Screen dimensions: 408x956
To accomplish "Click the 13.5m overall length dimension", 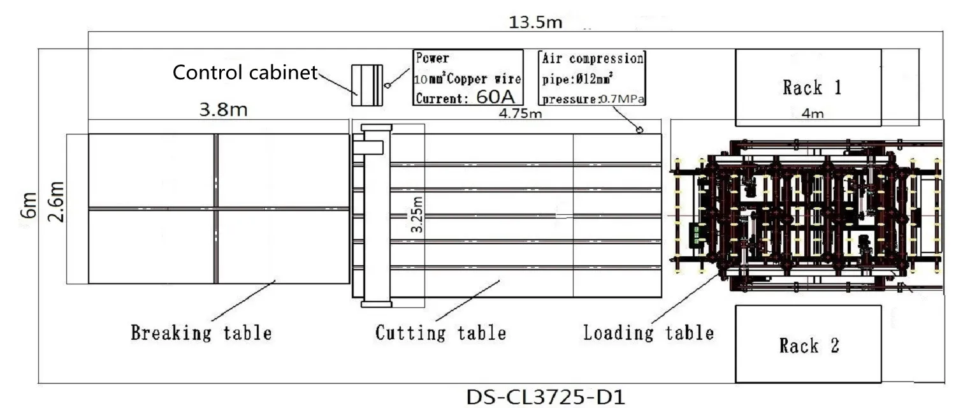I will (535, 23).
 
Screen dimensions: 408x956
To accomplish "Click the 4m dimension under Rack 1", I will (812, 114).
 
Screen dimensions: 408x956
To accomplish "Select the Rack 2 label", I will (808, 346).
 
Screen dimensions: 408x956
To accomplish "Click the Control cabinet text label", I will (245, 73).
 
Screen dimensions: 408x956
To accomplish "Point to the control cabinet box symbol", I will (368, 85).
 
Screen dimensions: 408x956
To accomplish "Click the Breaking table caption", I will (201, 332).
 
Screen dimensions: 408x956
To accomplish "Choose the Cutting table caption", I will (440, 332).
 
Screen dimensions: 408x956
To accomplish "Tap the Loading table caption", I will (648, 332).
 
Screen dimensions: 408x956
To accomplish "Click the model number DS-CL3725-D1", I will (546, 397).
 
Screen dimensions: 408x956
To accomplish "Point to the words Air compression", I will (592, 59).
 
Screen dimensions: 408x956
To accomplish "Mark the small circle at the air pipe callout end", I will (639, 130).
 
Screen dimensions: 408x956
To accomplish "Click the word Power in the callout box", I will (432, 59).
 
